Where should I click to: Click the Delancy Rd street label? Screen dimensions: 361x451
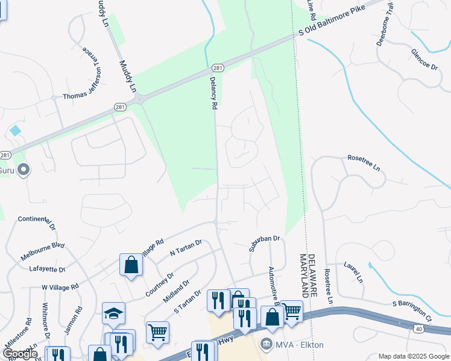[213, 92]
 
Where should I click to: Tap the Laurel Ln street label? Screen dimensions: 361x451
[354, 271]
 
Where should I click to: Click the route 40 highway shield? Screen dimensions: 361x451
[418, 329]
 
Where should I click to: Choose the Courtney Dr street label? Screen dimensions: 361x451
[159, 284]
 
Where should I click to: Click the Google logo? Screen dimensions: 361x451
[20, 354]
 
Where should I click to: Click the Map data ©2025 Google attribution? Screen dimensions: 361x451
[412, 356]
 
